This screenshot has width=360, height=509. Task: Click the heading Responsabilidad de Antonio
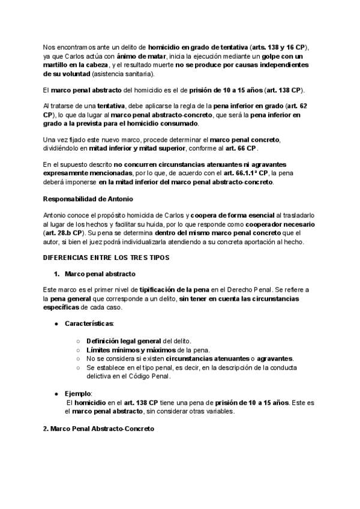point(88,199)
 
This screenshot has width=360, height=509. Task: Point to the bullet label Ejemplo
point(79,393)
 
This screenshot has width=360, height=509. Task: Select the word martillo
point(59,65)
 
